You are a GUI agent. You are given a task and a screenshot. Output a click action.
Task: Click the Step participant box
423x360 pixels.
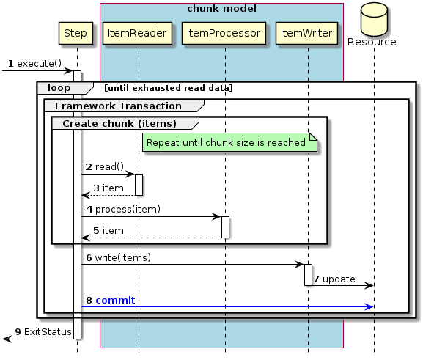[x=76, y=33]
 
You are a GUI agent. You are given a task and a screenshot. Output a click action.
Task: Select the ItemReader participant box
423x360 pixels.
[x=138, y=33]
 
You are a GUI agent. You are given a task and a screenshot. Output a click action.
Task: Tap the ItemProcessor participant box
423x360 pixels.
[x=224, y=33]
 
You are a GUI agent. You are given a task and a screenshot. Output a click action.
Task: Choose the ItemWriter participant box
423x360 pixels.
[x=308, y=33]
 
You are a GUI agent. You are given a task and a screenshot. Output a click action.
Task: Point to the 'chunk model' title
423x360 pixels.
[x=221, y=9]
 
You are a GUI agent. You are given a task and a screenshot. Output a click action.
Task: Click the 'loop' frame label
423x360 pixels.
[x=59, y=88]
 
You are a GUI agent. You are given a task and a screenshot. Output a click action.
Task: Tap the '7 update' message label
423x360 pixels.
[x=334, y=279]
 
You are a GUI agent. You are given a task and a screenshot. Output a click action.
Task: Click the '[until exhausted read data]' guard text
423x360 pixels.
[x=169, y=88]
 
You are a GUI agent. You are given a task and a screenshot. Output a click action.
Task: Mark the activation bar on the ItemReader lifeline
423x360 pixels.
[x=138, y=184]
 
